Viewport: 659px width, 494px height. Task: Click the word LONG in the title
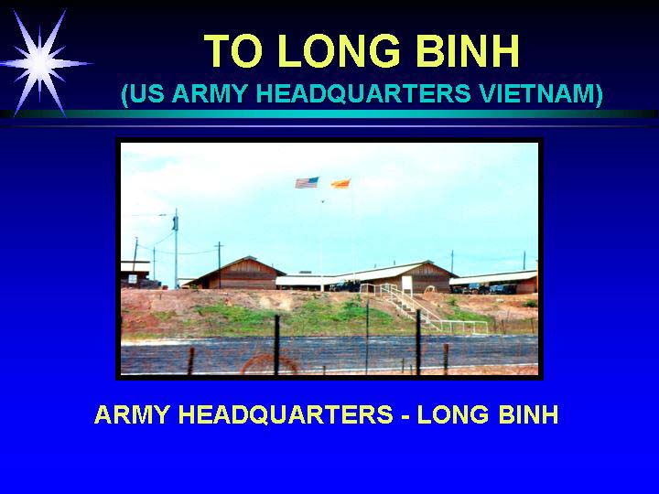pyautogui.click(x=339, y=51)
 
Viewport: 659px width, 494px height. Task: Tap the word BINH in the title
pyautogui.click(x=468, y=51)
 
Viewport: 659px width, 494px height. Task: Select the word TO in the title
pyautogui.click(x=233, y=51)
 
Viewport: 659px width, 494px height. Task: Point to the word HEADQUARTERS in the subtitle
pyautogui.click(x=363, y=93)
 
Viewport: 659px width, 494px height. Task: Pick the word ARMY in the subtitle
pyautogui.click(x=209, y=93)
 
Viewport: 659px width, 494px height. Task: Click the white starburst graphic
pyautogui.click(x=40, y=63)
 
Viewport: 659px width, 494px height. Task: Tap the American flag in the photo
pyautogui.click(x=307, y=183)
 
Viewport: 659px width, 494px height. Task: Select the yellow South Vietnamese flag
pyautogui.click(x=340, y=184)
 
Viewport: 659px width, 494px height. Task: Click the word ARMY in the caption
pyautogui.click(x=133, y=414)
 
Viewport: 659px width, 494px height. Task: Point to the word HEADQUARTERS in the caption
pyautogui.click(x=286, y=415)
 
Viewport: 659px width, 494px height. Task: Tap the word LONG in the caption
pyautogui.click(x=453, y=414)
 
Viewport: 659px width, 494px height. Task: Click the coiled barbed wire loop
pyautogui.click(x=268, y=364)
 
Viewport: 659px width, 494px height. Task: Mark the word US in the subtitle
pyautogui.click(x=145, y=93)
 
